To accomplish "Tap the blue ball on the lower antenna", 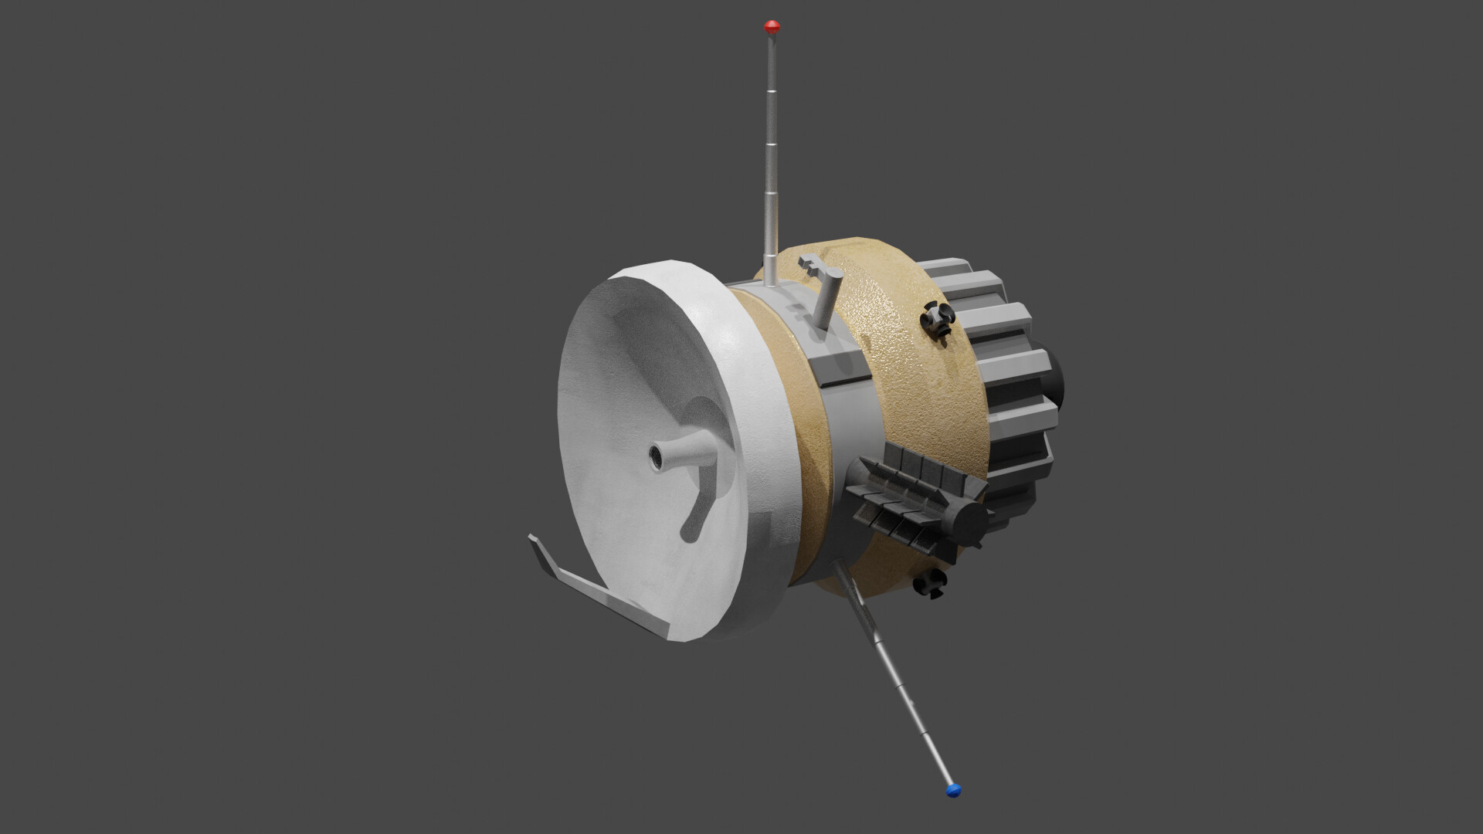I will coord(953,789).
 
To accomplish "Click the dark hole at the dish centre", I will coord(657,457).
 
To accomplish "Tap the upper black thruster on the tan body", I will coord(938,318).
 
